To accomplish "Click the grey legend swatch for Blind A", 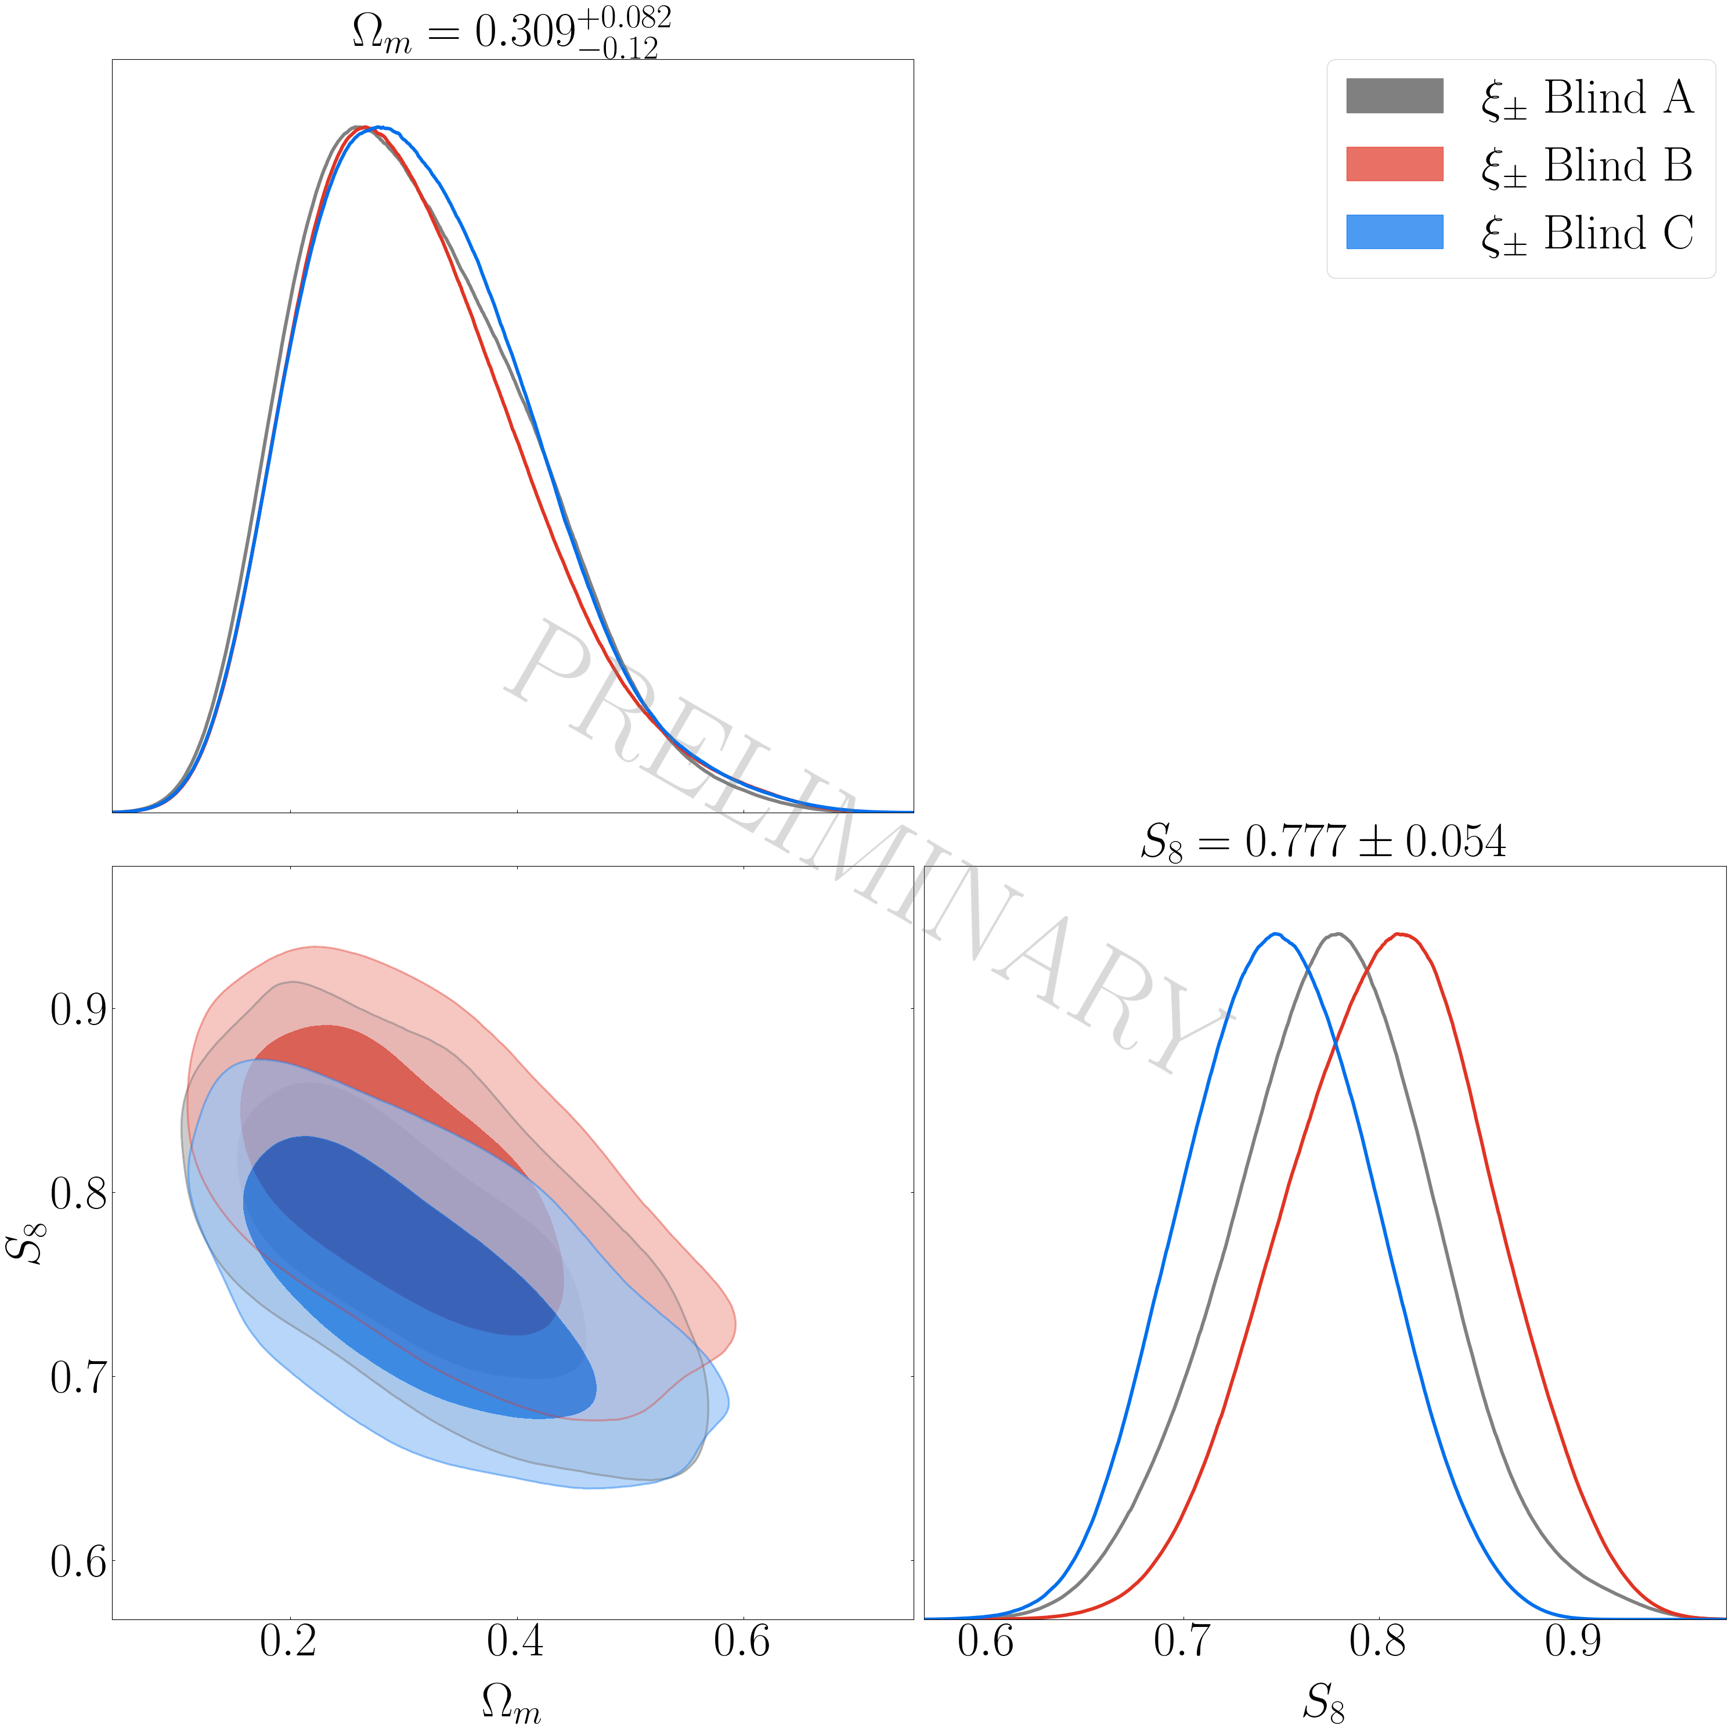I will pyautogui.click(x=1394, y=96).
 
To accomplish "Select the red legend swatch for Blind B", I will pyautogui.click(x=1394, y=164).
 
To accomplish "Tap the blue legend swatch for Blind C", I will pyautogui.click(x=1394, y=232).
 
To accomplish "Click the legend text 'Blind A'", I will pyautogui.click(x=1618, y=97).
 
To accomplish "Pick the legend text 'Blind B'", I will pyautogui.click(x=1618, y=165).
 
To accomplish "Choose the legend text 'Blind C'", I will pyautogui.click(x=1618, y=233).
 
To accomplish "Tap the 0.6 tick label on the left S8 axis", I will pyautogui.click(x=78, y=1562).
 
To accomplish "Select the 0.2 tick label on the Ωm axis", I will pyautogui.click(x=290, y=1640).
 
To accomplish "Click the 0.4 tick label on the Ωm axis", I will pyautogui.click(x=517, y=1640).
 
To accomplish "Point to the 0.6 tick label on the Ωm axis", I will pyautogui.click(x=742, y=1640).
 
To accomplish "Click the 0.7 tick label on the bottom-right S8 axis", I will pyautogui.click(x=1182, y=1640).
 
